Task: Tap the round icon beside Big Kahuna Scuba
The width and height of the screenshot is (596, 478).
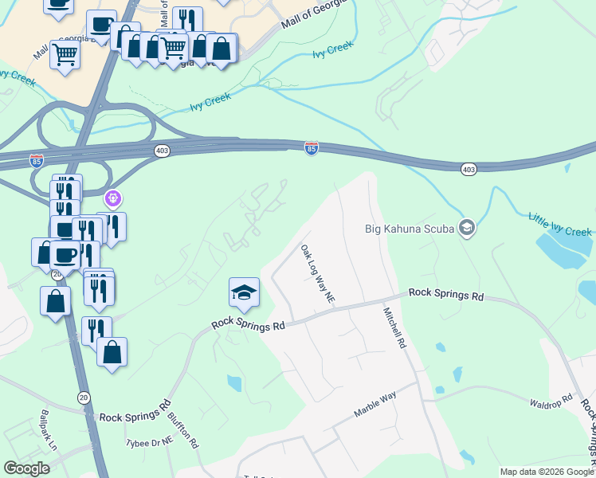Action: click(x=468, y=229)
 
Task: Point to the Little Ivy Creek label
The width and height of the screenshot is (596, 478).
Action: click(x=560, y=224)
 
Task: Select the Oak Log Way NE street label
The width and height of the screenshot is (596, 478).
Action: click(x=317, y=273)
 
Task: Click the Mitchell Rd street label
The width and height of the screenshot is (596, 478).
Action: click(x=394, y=328)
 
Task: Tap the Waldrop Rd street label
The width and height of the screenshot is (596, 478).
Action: click(x=551, y=401)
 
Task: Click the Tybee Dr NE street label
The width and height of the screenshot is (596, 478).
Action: click(x=149, y=441)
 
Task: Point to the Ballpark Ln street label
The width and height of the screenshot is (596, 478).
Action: click(x=49, y=431)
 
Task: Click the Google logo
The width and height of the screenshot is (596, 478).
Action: click(x=27, y=468)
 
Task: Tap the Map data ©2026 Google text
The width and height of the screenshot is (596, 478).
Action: click(x=547, y=472)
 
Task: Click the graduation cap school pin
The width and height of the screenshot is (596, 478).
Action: click(x=244, y=292)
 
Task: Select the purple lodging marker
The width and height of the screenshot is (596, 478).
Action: click(x=113, y=198)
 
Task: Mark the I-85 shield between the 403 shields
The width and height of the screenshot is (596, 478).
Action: click(x=312, y=147)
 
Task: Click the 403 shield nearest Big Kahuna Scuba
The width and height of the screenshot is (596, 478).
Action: click(x=468, y=168)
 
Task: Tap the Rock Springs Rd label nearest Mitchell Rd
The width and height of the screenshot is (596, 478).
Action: click(x=446, y=294)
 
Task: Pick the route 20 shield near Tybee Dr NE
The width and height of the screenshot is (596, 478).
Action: click(x=84, y=397)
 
